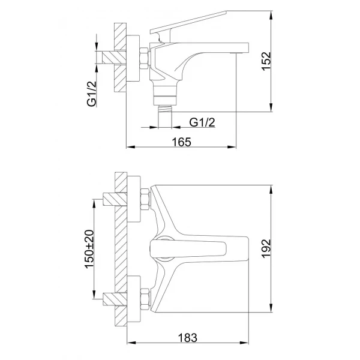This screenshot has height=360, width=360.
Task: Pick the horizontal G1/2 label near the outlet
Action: pos(203,122)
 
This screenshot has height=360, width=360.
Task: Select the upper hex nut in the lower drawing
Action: pos(145,199)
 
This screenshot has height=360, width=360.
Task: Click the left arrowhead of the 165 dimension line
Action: pos(128,148)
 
